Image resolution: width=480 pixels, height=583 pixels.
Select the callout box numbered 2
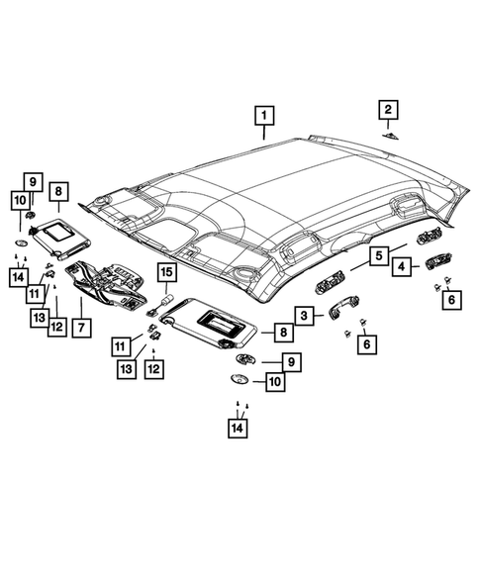[x=388, y=109]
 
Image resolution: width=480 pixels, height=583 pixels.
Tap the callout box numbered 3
[x=307, y=315]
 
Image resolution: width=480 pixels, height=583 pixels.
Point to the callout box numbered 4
[x=401, y=266]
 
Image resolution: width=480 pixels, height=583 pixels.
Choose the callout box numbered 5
[x=378, y=256]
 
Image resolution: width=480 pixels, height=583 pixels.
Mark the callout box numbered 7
[x=80, y=326]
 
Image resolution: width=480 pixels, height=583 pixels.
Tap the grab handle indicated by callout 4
[x=432, y=263]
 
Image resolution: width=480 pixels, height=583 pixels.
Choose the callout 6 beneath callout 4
[x=452, y=300]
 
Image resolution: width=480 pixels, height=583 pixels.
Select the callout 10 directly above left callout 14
[x=19, y=201]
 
